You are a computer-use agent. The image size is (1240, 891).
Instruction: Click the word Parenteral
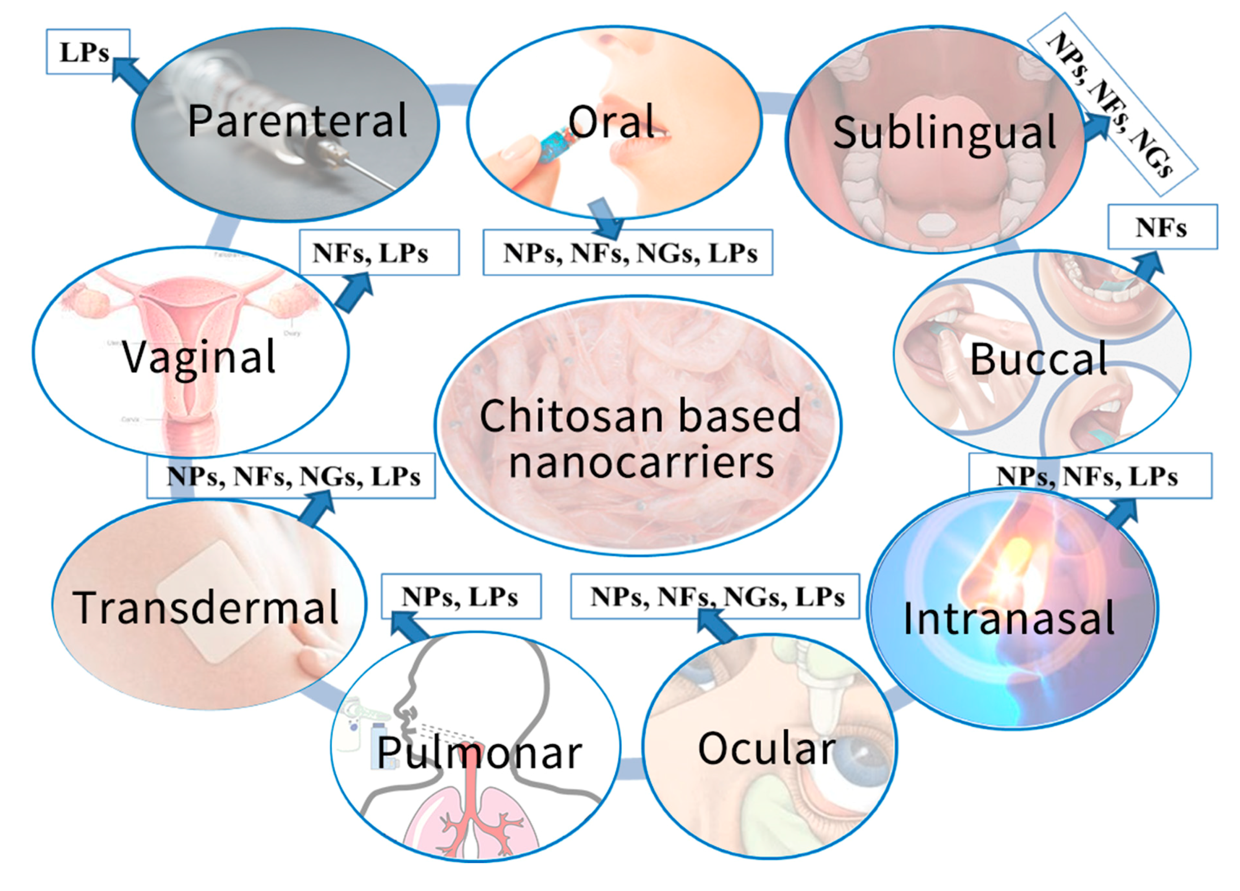[297, 121]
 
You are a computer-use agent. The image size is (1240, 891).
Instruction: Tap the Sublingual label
[944, 133]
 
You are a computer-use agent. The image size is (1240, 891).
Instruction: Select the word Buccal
[1038, 360]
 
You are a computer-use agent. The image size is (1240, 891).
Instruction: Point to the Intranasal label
[1009, 619]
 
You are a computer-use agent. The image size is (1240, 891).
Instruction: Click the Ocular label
[767, 749]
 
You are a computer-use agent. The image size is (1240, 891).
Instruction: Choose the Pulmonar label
[479, 754]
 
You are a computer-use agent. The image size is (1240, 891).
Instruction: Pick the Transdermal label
[206, 608]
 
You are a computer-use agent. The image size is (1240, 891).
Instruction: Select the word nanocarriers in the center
[641, 463]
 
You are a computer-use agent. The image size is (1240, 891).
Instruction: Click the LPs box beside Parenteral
[88, 52]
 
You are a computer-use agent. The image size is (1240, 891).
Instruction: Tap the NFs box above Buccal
[1162, 227]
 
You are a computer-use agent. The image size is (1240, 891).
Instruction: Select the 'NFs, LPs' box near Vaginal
[378, 252]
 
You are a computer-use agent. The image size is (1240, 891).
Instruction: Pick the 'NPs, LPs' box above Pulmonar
[460, 596]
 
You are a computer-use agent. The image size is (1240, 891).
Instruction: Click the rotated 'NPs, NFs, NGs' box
[1112, 104]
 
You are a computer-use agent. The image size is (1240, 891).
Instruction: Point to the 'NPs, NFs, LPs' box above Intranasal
[1089, 476]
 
